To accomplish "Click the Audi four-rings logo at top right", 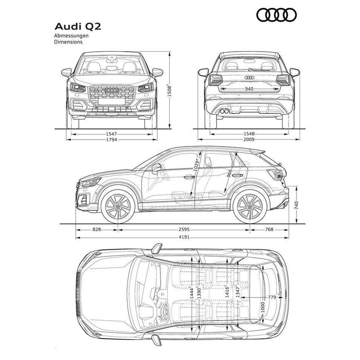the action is tap(277, 15).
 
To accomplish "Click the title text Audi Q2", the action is tap(78, 26).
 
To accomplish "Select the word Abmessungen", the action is tap(71, 36).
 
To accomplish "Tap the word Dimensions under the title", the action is tap(68, 42).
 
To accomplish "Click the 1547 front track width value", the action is tap(111, 134).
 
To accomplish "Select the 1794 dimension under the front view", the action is tap(111, 139).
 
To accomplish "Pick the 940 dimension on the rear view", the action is tap(249, 89).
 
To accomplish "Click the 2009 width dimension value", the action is tap(249, 139).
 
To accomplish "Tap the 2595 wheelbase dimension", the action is tap(184, 229).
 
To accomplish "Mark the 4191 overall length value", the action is tap(184, 237).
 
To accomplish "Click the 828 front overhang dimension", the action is tap(97, 229).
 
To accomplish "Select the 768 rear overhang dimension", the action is tap(269, 229).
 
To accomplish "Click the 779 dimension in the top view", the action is tap(272, 297).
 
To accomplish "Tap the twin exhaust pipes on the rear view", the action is tap(224, 111).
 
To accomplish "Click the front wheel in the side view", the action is tap(118, 206).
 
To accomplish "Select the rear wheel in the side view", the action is tap(250, 206).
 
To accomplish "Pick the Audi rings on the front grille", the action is tap(112, 90).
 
